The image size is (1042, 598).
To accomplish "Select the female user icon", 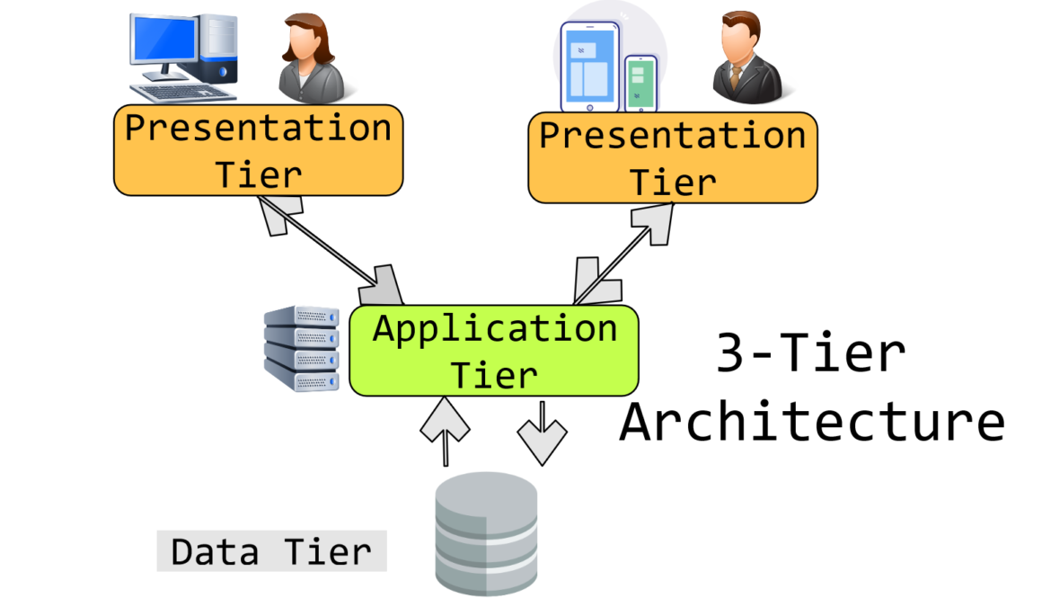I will (307, 58).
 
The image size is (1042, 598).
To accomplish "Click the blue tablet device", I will (589, 66).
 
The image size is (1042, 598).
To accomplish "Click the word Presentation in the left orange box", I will (258, 128).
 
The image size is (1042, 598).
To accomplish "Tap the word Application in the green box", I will (495, 328).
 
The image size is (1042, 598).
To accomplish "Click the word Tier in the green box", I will (494, 373).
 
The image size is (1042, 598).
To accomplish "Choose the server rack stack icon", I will (301, 349).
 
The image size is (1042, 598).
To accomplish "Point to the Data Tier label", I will (271, 551).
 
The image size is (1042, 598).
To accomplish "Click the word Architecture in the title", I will (812, 421).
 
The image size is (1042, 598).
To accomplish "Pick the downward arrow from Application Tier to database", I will (543, 433).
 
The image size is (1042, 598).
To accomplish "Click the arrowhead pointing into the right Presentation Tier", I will (655, 219).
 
